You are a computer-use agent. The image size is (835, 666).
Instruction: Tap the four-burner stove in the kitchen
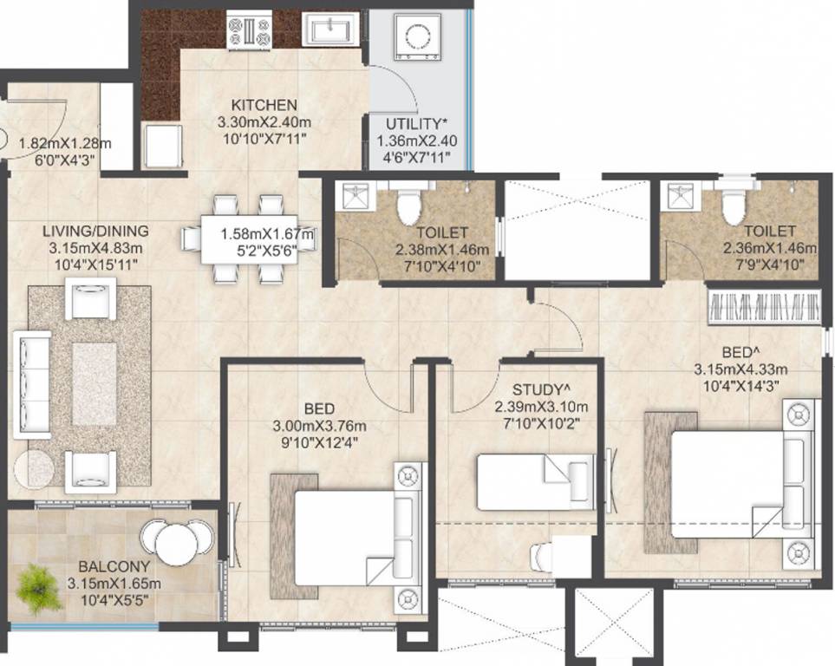(x=249, y=32)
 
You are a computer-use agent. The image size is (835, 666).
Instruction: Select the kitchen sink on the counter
(x=329, y=32)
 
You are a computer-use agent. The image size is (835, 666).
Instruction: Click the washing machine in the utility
(x=417, y=36)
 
